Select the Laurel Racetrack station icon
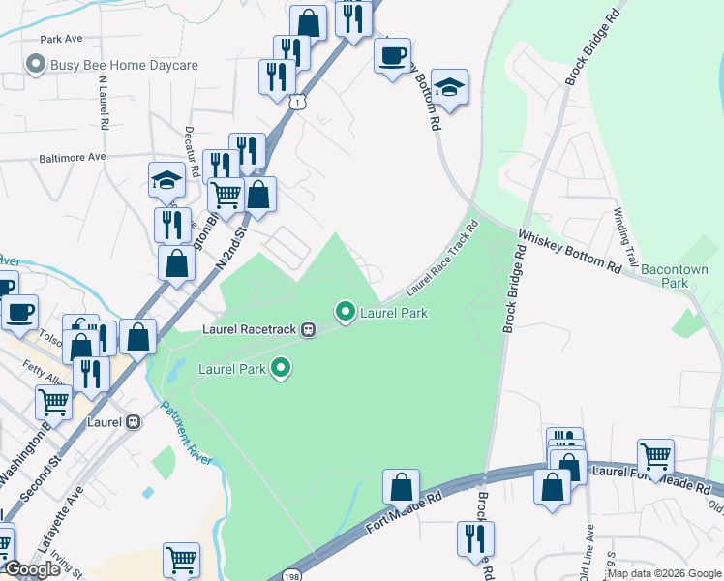click(x=309, y=329)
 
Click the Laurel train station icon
click(x=135, y=422)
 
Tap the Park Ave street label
click(x=62, y=40)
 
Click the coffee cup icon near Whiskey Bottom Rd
click(x=392, y=54)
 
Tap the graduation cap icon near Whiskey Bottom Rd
click(x=449, y=85)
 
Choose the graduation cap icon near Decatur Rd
click(x=166, y=178)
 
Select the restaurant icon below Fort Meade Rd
click(x=475, y=535)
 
